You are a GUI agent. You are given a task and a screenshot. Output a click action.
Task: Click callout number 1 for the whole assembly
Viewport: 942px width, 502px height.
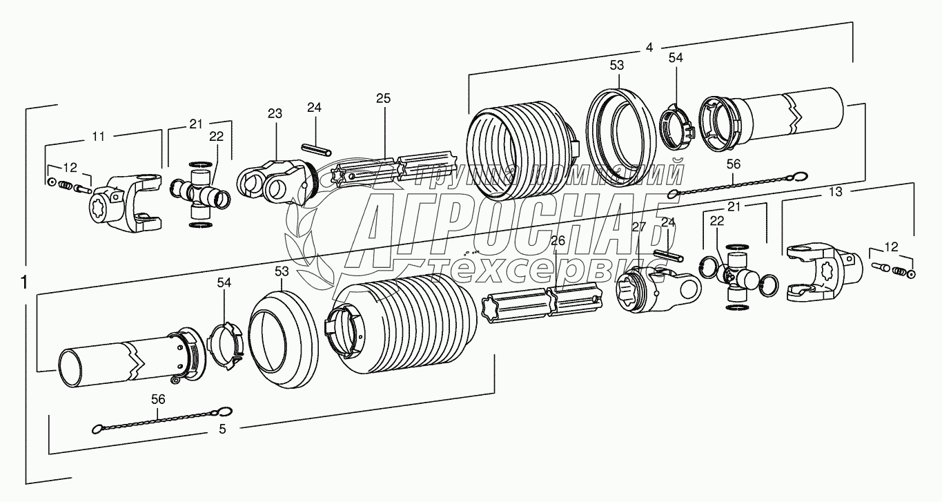24,283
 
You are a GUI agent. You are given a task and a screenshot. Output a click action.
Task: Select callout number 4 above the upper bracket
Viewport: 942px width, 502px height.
649,48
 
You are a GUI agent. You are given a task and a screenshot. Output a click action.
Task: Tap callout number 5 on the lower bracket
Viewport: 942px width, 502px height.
222,429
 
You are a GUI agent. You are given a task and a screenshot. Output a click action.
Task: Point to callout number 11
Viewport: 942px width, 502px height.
99,136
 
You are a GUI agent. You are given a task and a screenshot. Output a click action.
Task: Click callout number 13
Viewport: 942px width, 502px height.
836,193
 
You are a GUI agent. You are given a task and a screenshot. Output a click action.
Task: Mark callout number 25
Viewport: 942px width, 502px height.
384,98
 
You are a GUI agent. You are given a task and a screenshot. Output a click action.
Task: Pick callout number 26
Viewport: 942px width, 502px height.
558,240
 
